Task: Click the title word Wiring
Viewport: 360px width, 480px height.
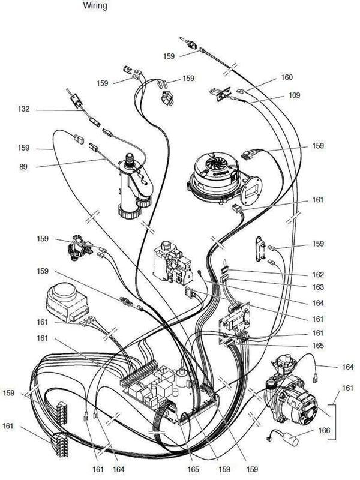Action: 95,7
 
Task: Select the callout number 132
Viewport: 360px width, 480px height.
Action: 23,110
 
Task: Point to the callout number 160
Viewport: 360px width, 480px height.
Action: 286,78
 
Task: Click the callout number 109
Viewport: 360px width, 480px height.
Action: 294,95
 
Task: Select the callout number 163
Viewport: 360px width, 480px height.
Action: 318,287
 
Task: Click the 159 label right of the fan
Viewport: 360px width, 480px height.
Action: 318,146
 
